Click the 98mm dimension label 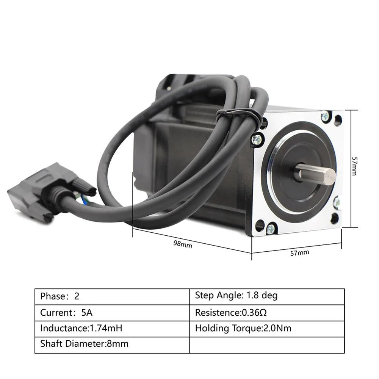(x=183, y=244)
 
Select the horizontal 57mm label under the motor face (x=300, y=252)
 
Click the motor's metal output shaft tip (x=330, y=177)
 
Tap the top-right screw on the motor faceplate (x=325, y=116)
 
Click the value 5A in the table (x=86, y=313)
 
